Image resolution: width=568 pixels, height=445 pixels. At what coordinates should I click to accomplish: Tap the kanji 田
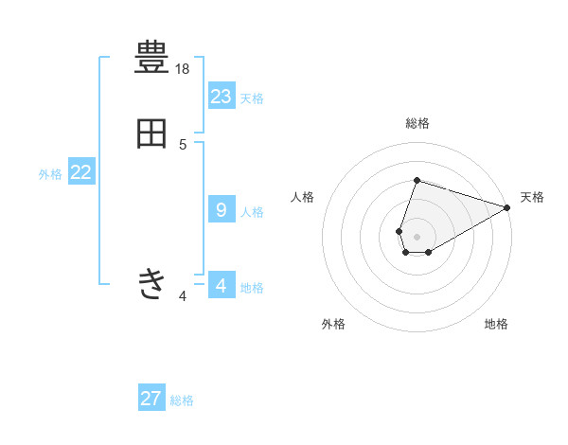coord(151,133)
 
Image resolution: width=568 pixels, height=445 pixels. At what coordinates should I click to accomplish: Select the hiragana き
coord(151,283)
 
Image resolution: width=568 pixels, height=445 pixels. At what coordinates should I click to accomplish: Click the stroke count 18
coord(183,69)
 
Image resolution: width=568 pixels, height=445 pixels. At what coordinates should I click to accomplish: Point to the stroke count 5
coord(183,144)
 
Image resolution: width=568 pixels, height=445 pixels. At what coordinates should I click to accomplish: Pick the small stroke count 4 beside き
coord(183,296)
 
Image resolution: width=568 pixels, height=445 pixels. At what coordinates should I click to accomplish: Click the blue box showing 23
coord(222,96)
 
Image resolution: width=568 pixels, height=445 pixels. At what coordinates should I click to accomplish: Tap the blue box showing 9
coord(222,209)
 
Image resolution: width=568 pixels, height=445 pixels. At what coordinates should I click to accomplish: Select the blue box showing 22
coord(81,172)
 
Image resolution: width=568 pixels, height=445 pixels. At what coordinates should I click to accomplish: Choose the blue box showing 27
coord(151,399)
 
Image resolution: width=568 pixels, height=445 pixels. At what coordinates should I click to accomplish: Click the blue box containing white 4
coord(222,285)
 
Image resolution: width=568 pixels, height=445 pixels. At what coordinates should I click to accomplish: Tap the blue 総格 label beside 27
coord(182,400)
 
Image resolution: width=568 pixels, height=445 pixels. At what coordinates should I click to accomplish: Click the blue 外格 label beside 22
coord(50,174)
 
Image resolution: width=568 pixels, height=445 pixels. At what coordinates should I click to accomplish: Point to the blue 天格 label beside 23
coord(252,98)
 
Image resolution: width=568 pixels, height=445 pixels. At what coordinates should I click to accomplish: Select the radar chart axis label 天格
coord(532,197)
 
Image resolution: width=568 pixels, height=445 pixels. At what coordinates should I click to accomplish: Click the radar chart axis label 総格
coord(417,123)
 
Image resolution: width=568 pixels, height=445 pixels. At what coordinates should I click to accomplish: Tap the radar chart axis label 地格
coord(496,324)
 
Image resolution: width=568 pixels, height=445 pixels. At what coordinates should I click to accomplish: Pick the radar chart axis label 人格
coord(303,197)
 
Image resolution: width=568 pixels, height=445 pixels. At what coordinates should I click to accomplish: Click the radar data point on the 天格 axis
coord(507,207)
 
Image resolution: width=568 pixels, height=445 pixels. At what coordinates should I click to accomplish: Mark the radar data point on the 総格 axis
coord(417,180)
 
